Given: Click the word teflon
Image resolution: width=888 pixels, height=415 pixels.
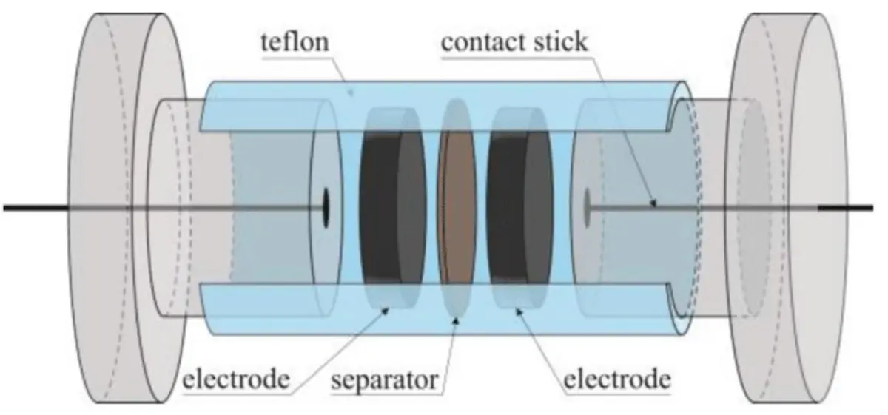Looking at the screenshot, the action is (x=295, y=42).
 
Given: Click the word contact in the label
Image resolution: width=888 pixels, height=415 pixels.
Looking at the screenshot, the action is (x=484, y=42).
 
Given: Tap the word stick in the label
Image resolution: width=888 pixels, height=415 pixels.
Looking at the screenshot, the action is (x=560, y=42).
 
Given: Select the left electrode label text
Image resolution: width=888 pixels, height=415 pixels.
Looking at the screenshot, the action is (x=236, y=379).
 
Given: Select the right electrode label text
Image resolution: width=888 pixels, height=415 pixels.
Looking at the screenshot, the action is (x=617, y=379).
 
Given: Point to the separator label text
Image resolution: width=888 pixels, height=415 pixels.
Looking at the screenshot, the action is (x=385, y=380).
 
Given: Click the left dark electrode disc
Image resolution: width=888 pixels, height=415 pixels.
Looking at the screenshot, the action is (x=392, y=208).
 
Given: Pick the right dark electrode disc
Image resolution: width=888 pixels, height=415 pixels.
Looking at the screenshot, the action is (x=519, y=208).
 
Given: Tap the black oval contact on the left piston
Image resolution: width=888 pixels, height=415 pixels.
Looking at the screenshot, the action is (x=326, y=208).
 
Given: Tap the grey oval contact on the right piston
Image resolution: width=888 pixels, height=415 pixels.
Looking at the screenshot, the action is (x=587, y=208).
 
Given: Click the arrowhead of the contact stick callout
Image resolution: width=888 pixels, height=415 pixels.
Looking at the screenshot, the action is (x=653, y=203).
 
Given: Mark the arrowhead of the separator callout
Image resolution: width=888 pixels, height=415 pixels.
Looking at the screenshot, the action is (x=456, y=320).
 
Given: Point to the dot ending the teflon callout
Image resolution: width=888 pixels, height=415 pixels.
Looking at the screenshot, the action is (x=351, y=92).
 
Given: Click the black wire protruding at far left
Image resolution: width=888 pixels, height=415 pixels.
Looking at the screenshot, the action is (x=36, y=208).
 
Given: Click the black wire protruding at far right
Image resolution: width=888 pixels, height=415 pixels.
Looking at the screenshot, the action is (x=845, y=208).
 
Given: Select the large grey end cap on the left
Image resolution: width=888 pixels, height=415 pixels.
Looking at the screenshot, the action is (x=127, y=208).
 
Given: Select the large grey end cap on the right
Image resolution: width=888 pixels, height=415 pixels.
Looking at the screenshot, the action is (x=787, y=208).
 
